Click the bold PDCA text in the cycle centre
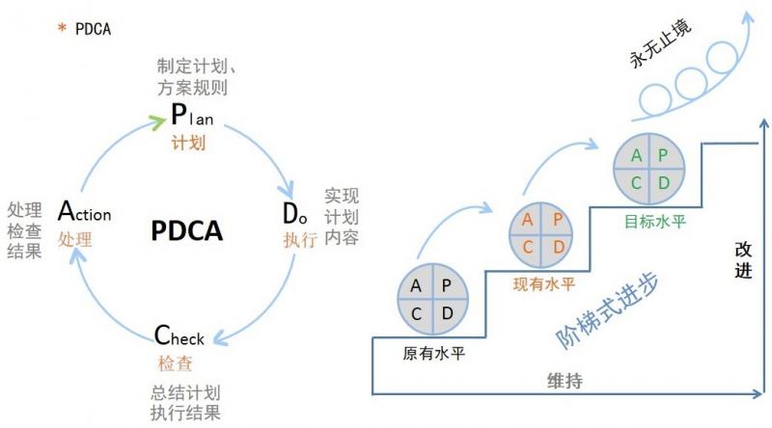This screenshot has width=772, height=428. coord(187,231)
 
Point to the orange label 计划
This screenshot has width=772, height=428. coord(188,144)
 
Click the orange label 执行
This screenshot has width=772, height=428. coord(300,239)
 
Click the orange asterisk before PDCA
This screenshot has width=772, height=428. coord(62,29)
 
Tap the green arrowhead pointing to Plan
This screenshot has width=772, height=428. coord(158,121)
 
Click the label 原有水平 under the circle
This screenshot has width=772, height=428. coord(433,354)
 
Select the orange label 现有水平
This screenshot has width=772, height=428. coord(543,283)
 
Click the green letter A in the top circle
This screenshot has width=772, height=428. coord(637,156)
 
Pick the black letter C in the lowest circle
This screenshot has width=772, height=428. coord(417,313)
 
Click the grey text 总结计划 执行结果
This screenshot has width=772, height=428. coord(185,403)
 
